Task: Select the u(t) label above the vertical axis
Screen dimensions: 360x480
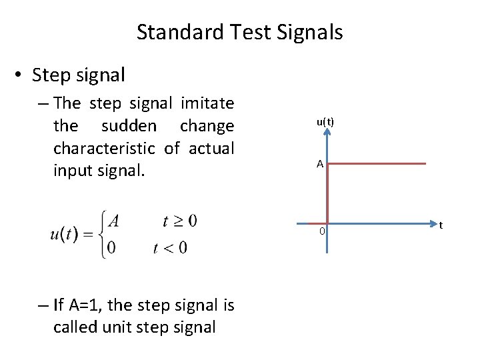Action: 325,122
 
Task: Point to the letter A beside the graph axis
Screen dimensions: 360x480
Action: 320,164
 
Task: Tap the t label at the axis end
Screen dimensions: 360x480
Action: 441,225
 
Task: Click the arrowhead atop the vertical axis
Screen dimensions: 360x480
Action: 327,133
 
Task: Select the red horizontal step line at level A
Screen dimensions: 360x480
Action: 377,163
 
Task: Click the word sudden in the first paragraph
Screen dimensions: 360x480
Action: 129,126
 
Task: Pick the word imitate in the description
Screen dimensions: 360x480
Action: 207,103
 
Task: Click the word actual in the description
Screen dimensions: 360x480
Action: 211,148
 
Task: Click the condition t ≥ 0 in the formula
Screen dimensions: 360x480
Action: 179,221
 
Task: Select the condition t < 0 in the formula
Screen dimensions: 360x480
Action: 170,248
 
